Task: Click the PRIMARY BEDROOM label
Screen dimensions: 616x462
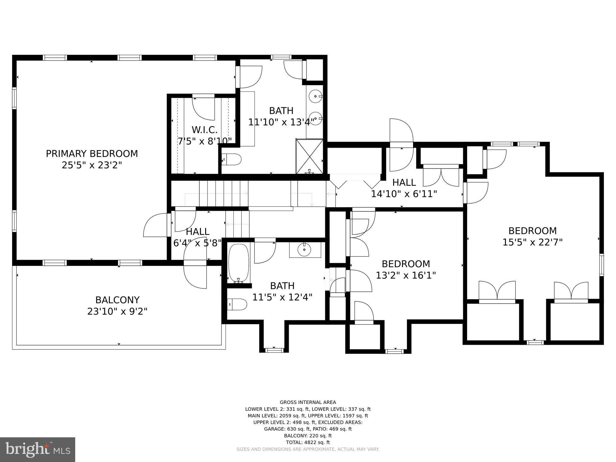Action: click(92, 154)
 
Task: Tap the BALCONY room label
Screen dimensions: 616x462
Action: click(117, 300)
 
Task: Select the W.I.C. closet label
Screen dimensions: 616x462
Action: click(205, 130)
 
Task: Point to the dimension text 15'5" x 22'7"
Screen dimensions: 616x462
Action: click(532, 242)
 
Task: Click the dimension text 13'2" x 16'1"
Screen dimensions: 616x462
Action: click(406, 275)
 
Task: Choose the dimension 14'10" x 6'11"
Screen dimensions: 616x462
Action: click(404, 194)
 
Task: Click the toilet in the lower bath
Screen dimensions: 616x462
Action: click(237, 304)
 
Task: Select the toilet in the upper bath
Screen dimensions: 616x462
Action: click(232, 159)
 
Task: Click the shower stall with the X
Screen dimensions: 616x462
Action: click(310, 156)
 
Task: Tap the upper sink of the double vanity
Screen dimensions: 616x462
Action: click(316, 97)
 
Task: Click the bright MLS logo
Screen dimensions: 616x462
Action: click(38, 450)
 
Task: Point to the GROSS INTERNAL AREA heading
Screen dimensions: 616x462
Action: click(308, 402)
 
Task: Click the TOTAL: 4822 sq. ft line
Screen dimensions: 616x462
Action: click(308, 442)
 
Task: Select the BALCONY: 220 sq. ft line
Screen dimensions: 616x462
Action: click(308, 436)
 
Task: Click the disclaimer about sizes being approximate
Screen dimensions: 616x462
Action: click(308, 449)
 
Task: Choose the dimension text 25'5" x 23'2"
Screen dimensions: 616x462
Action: click(92, 165)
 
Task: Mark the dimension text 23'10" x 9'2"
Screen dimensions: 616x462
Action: click(117, 311)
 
